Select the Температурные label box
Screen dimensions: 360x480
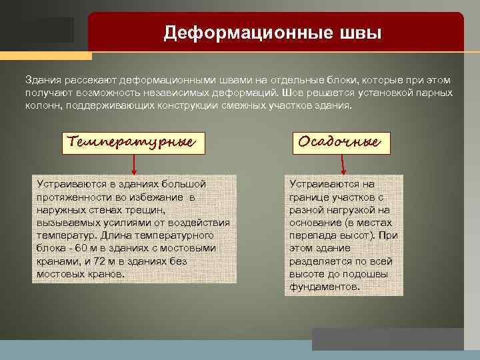[x=132, y=142]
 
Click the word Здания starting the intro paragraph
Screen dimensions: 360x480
[x=41, y=80]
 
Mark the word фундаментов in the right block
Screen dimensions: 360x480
[x=324, y=287]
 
